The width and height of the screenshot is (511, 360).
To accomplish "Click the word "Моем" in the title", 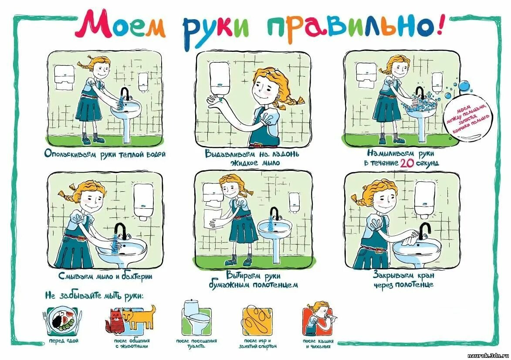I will coord(120,26).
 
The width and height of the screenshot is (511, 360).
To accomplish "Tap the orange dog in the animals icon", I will coord(140,316).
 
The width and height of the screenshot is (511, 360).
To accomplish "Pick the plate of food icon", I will coord(62,321).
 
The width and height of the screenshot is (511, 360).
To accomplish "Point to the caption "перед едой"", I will coord(61,340).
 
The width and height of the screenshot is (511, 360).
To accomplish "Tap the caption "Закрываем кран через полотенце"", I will coord(403,279).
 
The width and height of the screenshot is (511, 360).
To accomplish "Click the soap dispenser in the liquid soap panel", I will coord(219,81).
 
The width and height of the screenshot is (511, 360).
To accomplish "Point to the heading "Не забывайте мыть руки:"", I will coord(94,296).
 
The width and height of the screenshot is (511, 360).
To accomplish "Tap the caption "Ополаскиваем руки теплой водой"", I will coord(105,154).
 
